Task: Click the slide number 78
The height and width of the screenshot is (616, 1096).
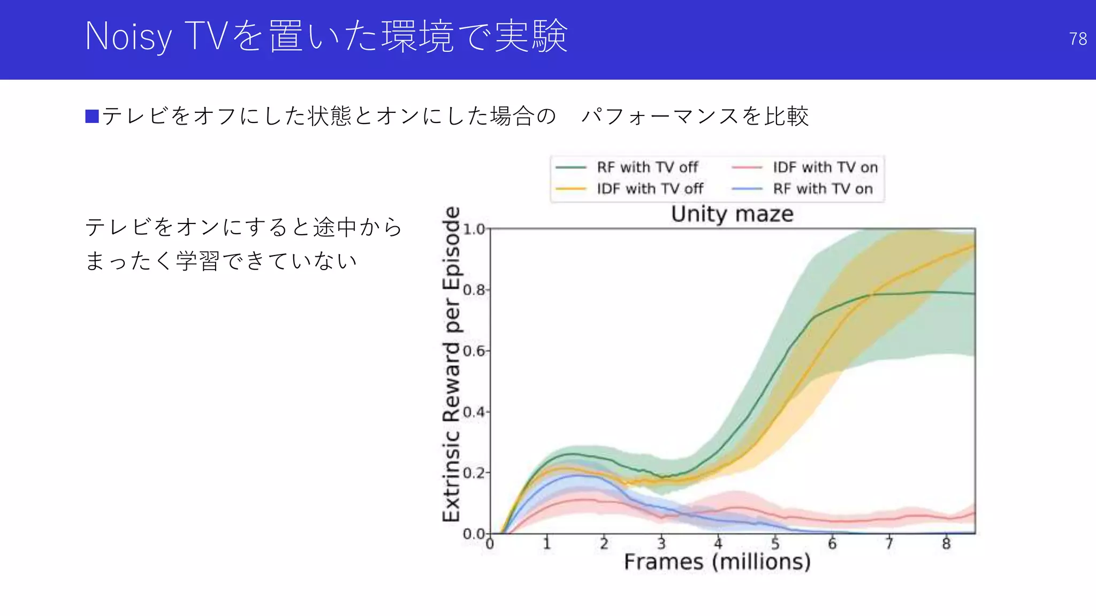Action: (1077, 39)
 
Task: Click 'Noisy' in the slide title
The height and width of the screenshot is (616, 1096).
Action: (128, 37)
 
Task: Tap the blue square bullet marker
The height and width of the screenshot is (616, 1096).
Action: (92, 116)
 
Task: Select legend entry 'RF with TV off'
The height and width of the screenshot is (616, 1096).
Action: (647, 167)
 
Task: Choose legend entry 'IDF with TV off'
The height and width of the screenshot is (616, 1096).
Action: (650, 189)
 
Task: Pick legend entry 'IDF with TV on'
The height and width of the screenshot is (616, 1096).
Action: (825, 167)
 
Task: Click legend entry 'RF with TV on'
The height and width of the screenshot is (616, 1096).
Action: (823, 189)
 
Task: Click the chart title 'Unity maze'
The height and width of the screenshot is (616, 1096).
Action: (732, 214)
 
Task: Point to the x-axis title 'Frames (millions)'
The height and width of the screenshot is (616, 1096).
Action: (717, 562)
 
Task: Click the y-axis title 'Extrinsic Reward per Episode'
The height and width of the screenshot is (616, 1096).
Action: (452, 364)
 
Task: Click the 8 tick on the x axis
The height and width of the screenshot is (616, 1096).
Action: (946, 544)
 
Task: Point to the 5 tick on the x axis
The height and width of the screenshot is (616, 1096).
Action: (775, 544)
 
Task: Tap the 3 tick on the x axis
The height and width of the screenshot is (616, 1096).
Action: (661, 544)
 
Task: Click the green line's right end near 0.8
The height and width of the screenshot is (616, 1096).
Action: (973, 294)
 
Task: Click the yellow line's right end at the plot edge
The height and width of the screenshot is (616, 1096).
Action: (973, 246)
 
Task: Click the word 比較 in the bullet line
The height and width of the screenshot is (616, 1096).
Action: (786, 116)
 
